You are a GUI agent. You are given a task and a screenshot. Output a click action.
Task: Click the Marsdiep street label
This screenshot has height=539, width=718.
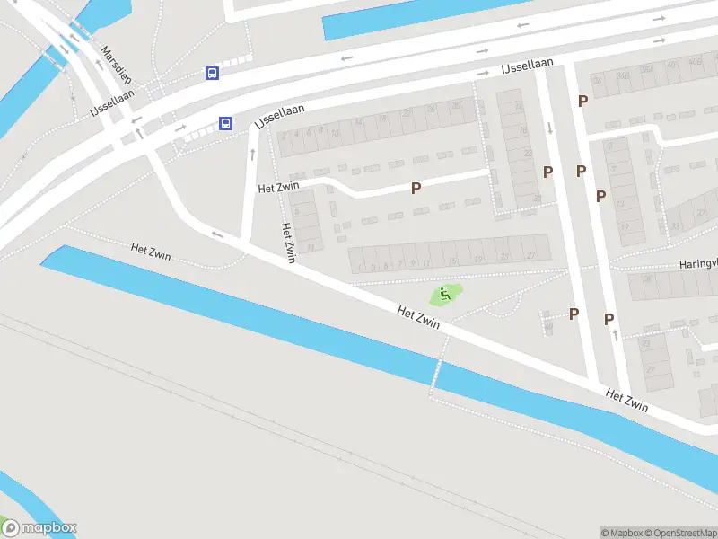[117, 66]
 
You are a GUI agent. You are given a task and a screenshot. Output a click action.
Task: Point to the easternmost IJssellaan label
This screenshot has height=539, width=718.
[525, 67]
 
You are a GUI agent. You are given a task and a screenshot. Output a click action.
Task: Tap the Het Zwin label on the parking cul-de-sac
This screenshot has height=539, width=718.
[277, 188]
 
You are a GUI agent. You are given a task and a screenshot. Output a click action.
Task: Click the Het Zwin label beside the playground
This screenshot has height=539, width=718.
[418, 316]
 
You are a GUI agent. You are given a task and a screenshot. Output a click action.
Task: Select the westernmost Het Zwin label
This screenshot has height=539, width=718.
[151, 252]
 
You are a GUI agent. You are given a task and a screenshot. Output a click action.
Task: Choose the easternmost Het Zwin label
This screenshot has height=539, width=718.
[626, 401]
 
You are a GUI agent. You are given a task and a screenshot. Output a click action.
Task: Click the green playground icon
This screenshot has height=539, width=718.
[445, 295]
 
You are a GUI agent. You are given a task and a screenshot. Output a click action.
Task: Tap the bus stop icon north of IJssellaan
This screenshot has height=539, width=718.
[212, 73]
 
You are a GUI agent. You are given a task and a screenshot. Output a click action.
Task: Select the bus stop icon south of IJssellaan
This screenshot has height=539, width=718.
[226, 123]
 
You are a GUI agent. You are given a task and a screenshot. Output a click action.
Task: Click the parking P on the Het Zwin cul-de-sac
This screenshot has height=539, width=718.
[416, 188]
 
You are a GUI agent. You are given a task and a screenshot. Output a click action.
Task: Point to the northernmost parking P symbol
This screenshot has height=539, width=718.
[582, 101]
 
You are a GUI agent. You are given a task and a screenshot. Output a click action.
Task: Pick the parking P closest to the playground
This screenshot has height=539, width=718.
[574, 314]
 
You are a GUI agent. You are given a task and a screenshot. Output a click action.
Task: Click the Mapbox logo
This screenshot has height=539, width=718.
[40, 528]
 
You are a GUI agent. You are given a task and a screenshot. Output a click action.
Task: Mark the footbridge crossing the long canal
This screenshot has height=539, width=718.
[437, 370]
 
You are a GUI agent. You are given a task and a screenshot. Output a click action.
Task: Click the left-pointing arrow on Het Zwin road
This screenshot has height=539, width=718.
[217, 234]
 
